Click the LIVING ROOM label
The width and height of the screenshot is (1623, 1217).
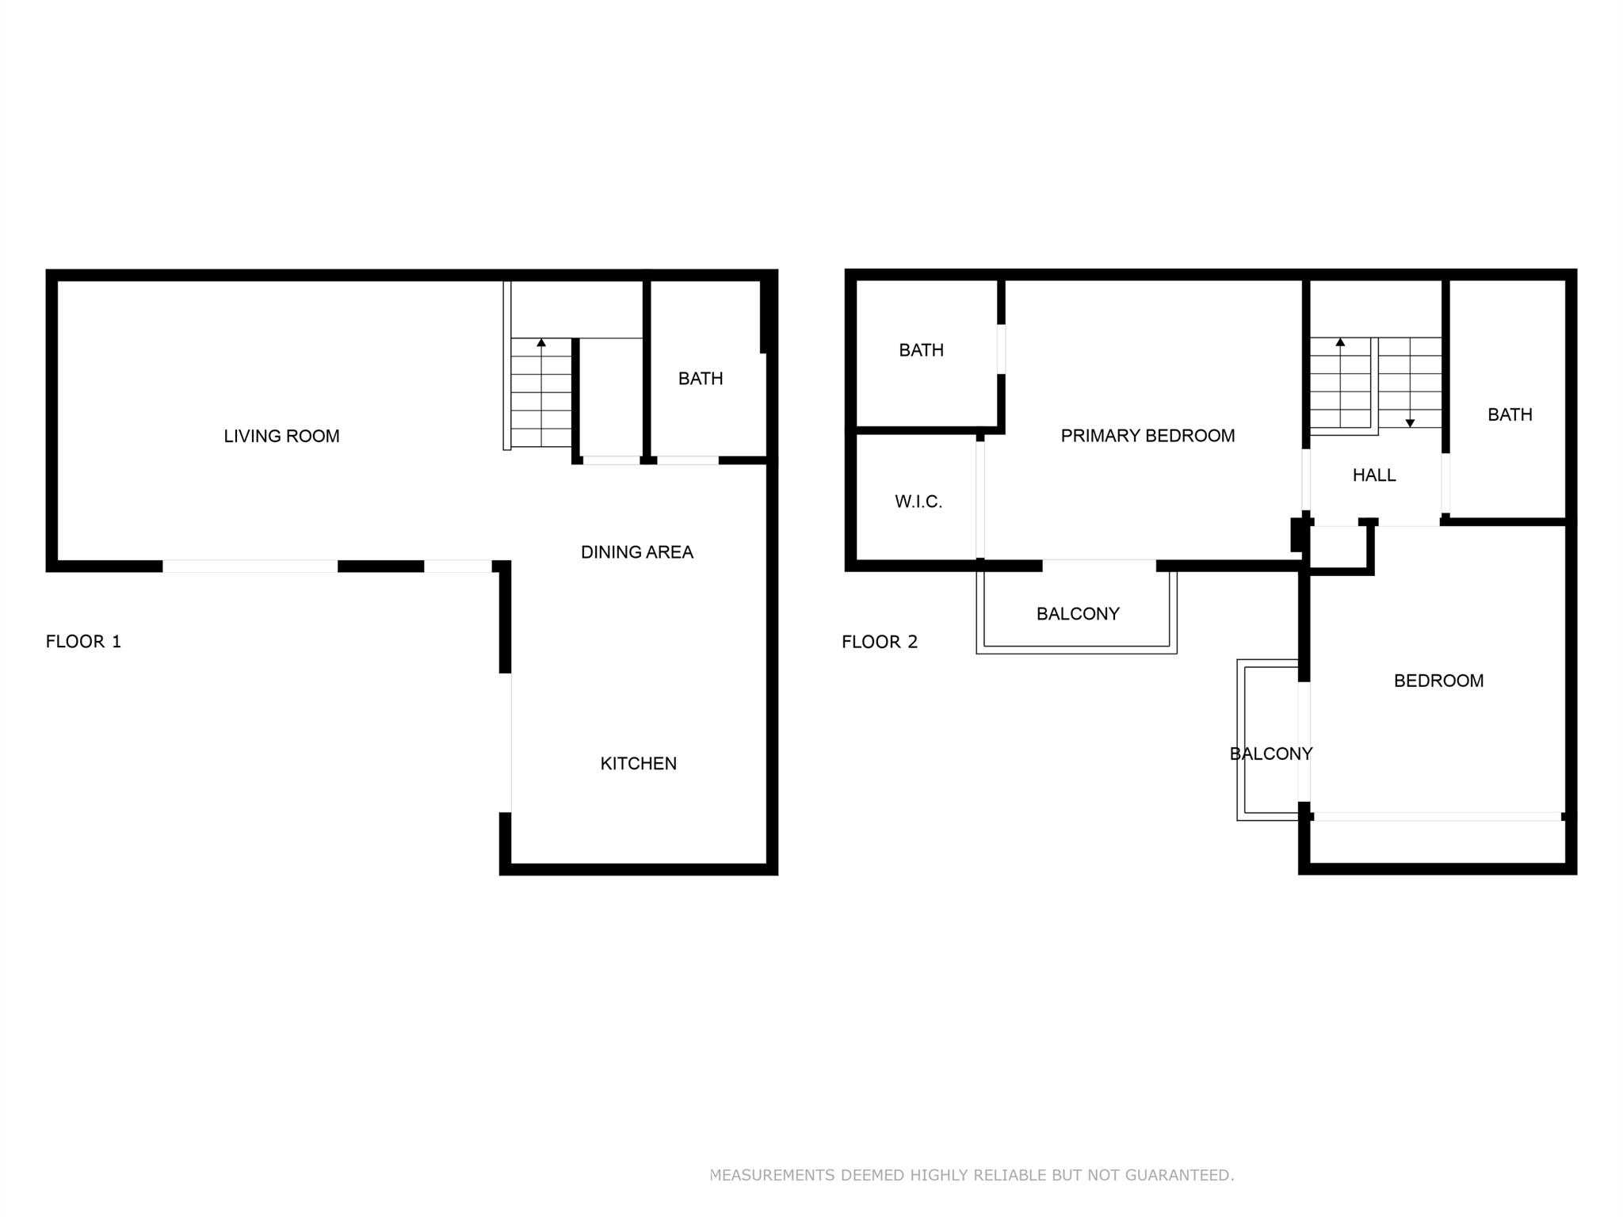pos(281,436)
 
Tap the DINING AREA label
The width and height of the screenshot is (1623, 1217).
pos(637,552)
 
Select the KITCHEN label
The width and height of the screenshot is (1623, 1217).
pos(639,764)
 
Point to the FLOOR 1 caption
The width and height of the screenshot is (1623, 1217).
pos(83,642)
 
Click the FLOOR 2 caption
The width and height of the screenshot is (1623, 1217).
pos(880,642)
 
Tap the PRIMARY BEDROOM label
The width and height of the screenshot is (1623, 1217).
pos(1148,436)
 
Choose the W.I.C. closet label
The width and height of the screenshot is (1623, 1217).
pos(918,502)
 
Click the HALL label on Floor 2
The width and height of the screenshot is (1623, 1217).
pos(1374,475)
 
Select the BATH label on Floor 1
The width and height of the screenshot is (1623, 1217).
pos(701,379)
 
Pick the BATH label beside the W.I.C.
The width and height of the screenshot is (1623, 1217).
pos(921,350)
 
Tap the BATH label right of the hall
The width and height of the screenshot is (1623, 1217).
pos(1510,414)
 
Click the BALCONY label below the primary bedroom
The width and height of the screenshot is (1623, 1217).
pos(1078,614)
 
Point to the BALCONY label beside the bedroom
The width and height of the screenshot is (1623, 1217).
pos(1271,753)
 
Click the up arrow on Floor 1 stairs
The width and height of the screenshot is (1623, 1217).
pos(541,392)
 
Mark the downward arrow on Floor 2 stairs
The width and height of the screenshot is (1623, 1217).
pos(1410,383)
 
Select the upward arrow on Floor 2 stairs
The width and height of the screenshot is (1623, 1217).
pos(1340,383)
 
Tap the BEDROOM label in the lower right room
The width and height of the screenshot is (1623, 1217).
pos(1438,681)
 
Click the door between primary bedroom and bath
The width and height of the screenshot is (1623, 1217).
pos(1001,349)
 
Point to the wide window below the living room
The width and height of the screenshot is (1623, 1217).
pos(250,566)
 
